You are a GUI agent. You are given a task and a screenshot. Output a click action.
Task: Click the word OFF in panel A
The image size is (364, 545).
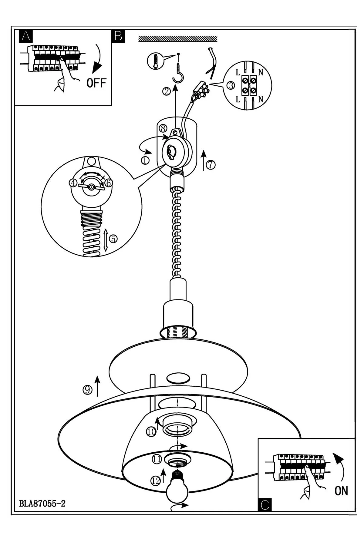point(96,83)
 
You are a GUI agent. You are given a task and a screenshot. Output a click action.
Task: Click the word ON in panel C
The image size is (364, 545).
point(341,491)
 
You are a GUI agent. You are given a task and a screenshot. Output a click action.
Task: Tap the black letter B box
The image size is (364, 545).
point(119,36)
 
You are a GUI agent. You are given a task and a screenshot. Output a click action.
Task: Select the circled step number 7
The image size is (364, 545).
point(211,164)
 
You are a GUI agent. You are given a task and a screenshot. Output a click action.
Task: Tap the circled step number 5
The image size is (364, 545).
point(113,239)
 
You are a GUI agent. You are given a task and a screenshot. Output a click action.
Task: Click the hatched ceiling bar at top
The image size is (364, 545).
point(178,39)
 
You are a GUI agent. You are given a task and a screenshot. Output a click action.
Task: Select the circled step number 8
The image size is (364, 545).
point(163,128)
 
